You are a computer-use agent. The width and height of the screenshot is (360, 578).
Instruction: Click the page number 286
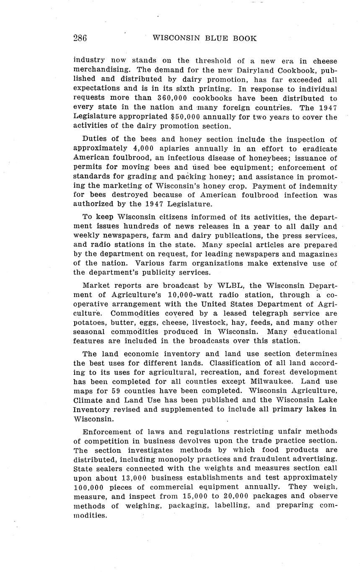[x=80, y=38]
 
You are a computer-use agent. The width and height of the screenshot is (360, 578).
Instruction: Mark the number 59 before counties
[x=117, y=390]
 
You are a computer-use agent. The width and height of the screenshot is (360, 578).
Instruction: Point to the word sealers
[x=106, y=468]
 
